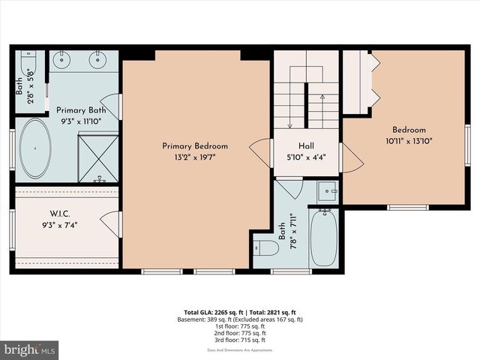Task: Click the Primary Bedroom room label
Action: tap(195, 146)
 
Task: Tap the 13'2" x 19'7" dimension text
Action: tap(195, 157)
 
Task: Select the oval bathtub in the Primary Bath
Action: tap(34, 148)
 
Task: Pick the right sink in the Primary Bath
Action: tap(98, 58)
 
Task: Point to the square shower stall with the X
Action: tap(97, 158)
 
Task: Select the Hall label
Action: tap(305, 147)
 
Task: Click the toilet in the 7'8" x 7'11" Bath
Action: tap(264, 248)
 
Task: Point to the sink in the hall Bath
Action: tap(327, 191)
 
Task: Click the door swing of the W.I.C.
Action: tap(111, 224)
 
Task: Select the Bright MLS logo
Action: tap(30, 349)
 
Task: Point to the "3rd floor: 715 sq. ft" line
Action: tap(240, 340)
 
